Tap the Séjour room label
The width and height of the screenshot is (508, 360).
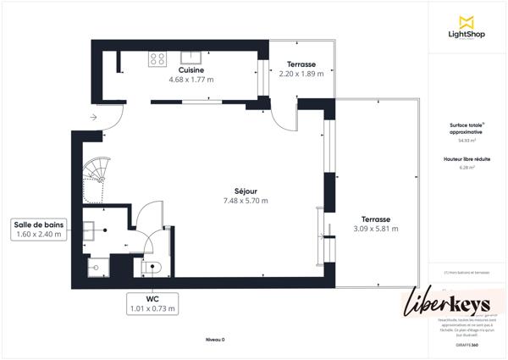[246, 191]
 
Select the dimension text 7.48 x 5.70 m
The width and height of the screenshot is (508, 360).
[246, 201]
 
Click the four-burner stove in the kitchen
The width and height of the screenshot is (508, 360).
[157, 58]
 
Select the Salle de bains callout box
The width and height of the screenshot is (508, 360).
[39, 229]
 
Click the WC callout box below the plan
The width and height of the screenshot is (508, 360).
[153, 303]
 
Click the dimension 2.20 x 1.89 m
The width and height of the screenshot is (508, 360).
[301, 74]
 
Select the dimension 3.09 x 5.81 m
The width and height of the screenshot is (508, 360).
[375, 229]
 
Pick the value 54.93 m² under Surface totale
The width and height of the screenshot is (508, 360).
[465, 141]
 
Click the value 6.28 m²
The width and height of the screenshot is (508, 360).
[465, 167]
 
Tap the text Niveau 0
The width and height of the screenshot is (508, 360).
[215, 339]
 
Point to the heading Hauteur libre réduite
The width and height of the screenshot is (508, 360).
[465, 158]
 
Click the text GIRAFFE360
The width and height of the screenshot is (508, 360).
[465, 345]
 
